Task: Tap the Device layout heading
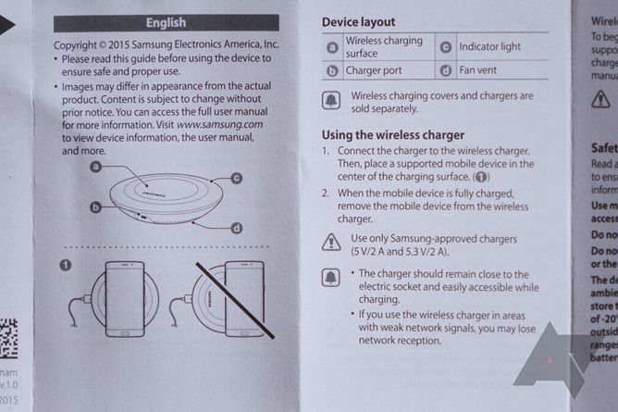[x=358, y=21]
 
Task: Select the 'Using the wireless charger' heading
[x=392, y=134]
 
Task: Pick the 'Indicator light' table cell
[x=490, y=46]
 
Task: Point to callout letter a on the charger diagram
[x=97, y=167]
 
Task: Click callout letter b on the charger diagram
[x=95, y=209]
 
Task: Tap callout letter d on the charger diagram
[x=237, y=228]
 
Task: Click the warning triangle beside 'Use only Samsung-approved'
[x=330, y=243]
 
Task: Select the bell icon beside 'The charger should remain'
[x=330, y=277]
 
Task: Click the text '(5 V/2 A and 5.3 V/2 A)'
[x=399, y=252]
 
